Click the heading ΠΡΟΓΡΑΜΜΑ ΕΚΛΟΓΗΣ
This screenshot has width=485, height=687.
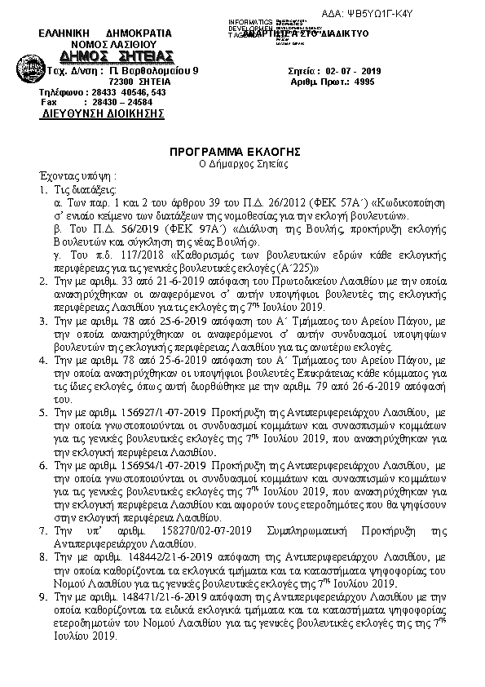click(x=242, y=152)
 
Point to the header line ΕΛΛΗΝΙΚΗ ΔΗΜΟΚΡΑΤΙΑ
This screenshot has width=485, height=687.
click(x=106, y=33)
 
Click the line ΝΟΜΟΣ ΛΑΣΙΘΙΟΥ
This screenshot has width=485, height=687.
click(x=108, y=44)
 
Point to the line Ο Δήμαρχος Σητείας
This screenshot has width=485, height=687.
click(x=242, y=164)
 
